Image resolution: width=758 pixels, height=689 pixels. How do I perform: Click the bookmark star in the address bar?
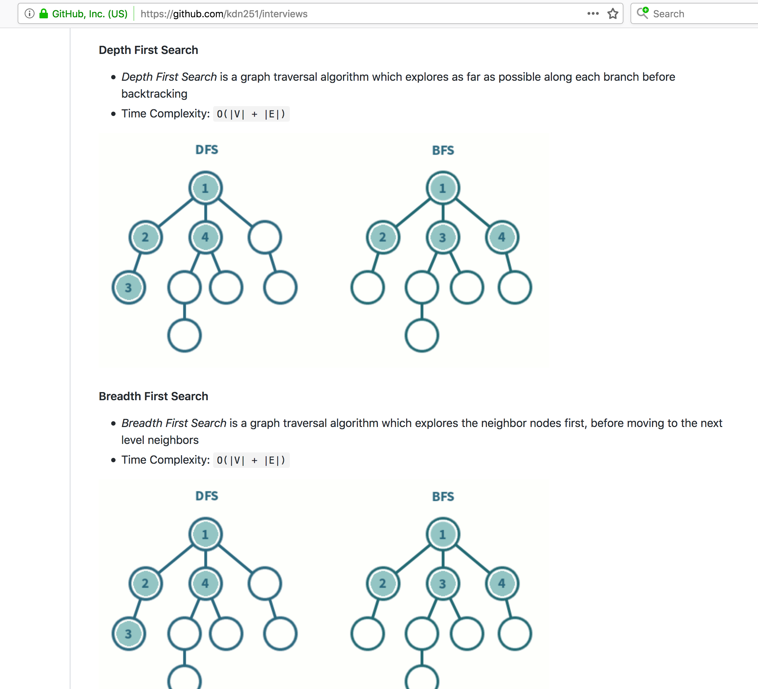tap(613, 13)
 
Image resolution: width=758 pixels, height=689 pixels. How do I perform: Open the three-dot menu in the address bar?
tap(593, 13)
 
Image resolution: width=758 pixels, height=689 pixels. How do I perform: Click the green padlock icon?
tap(44, 13)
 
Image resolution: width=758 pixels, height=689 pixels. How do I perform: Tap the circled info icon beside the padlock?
tap(29, 13)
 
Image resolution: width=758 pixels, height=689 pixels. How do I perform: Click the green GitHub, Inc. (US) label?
tap(90, 14)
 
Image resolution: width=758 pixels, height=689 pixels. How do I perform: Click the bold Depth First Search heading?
tap(149, 50)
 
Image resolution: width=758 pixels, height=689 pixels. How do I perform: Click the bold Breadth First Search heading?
tap(154, 396)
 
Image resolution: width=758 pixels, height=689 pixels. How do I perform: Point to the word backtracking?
tap(154, 94)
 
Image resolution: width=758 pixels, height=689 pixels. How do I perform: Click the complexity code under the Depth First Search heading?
tap(251, 114)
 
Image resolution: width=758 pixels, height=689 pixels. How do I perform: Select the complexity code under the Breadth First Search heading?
tap(251, 460)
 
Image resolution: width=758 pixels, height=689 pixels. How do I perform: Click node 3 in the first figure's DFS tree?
tap(129, 287)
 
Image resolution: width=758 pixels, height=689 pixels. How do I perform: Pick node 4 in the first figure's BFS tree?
tap(502, 237)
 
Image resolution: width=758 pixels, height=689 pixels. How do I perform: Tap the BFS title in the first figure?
tap(443, 151)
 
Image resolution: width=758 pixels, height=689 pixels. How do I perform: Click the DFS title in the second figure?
tap(206, 496)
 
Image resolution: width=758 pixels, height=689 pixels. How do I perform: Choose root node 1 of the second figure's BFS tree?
tap(442, 534)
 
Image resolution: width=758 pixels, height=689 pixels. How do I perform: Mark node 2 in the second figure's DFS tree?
tap(145, 584)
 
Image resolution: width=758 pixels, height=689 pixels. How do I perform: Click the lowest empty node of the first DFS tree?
tap(184, 336)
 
